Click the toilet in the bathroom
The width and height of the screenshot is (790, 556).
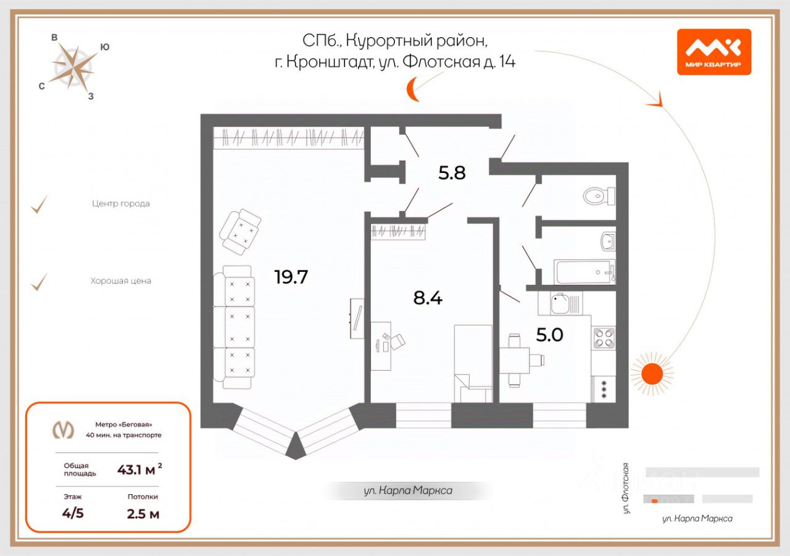click(597, 196)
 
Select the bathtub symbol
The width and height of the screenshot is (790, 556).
click(583, 271)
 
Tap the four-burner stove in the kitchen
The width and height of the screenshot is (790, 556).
click(604, 338)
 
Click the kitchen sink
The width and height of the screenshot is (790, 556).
click(560, 303)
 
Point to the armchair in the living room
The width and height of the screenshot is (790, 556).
click(240, 230)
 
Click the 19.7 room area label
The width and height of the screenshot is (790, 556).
click(291, 277)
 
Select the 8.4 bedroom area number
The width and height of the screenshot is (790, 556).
click(428, 298)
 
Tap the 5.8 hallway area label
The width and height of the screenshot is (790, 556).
click(452, 173)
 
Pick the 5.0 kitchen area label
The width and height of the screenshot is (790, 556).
click(549, 335)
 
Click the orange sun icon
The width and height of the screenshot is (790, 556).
click(651, 374)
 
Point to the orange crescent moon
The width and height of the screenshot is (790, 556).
click(412, 90)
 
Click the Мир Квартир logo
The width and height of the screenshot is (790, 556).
click(714, 52)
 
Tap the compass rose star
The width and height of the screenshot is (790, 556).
click(73, 67)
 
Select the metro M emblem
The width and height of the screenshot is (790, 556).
click(62, 429)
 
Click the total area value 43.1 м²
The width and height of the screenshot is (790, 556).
click(140, 470)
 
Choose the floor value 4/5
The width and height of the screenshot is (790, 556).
click(73, 513)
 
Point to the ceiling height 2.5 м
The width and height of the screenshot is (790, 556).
click(143, 513)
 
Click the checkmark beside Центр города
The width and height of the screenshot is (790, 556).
click(39, 204)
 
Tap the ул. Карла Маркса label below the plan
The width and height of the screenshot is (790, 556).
click(407, 491)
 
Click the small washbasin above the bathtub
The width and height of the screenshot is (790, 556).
click(608, 240)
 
